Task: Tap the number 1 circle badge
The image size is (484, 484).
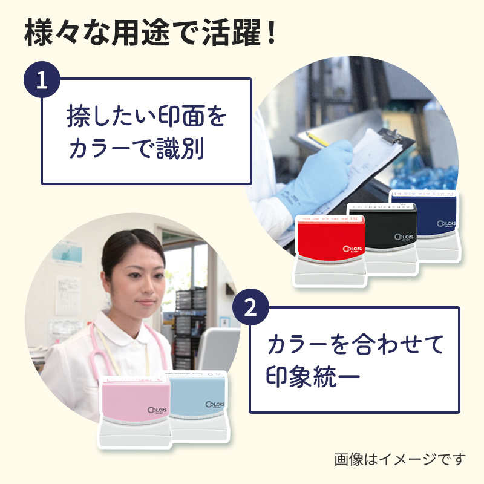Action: (x=41, y=81)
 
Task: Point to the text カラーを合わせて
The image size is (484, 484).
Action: (x=356, y=344)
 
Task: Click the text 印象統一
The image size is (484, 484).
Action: (x=313, y=376)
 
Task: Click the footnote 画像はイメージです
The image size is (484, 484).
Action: (x=401, y=459)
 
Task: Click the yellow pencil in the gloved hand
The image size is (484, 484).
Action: (x=317, y=139)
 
